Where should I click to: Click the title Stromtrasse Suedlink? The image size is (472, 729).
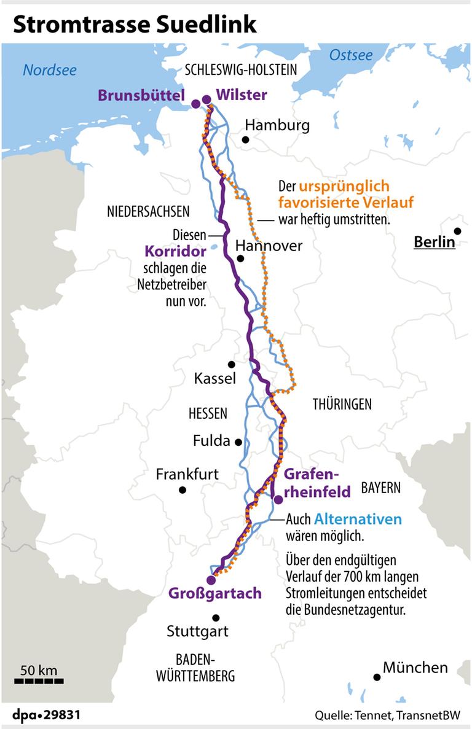click(x=135, y=24)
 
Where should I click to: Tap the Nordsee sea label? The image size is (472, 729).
click(x=50, y=70)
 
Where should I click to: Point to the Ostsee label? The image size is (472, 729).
click(x=351, y=55)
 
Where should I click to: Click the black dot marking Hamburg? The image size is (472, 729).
click(x=245, y=140)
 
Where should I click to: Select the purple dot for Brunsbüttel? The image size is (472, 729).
click(x=195, y=104)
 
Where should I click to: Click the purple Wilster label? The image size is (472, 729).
click(x=241, y=95)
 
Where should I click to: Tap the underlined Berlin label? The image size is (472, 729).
click(x=434, y=241)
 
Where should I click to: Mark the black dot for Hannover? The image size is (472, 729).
click(x=240, y=259)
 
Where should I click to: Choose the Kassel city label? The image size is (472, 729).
click(x=214, y=378)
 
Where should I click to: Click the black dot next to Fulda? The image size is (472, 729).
click(x=238, y=442)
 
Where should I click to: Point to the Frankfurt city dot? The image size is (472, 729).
click(x=183, y=489)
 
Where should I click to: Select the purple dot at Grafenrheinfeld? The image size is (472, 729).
click(x=278, y=499)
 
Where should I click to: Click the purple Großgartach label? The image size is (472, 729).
click(x=216, y=593)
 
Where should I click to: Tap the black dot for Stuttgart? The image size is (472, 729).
click(x=216, y=618)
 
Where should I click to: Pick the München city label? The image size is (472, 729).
click(x=415, y=668)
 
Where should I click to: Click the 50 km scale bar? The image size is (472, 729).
click(x=39, y=680)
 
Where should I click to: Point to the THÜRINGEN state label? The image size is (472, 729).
click(x=342, y=404)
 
